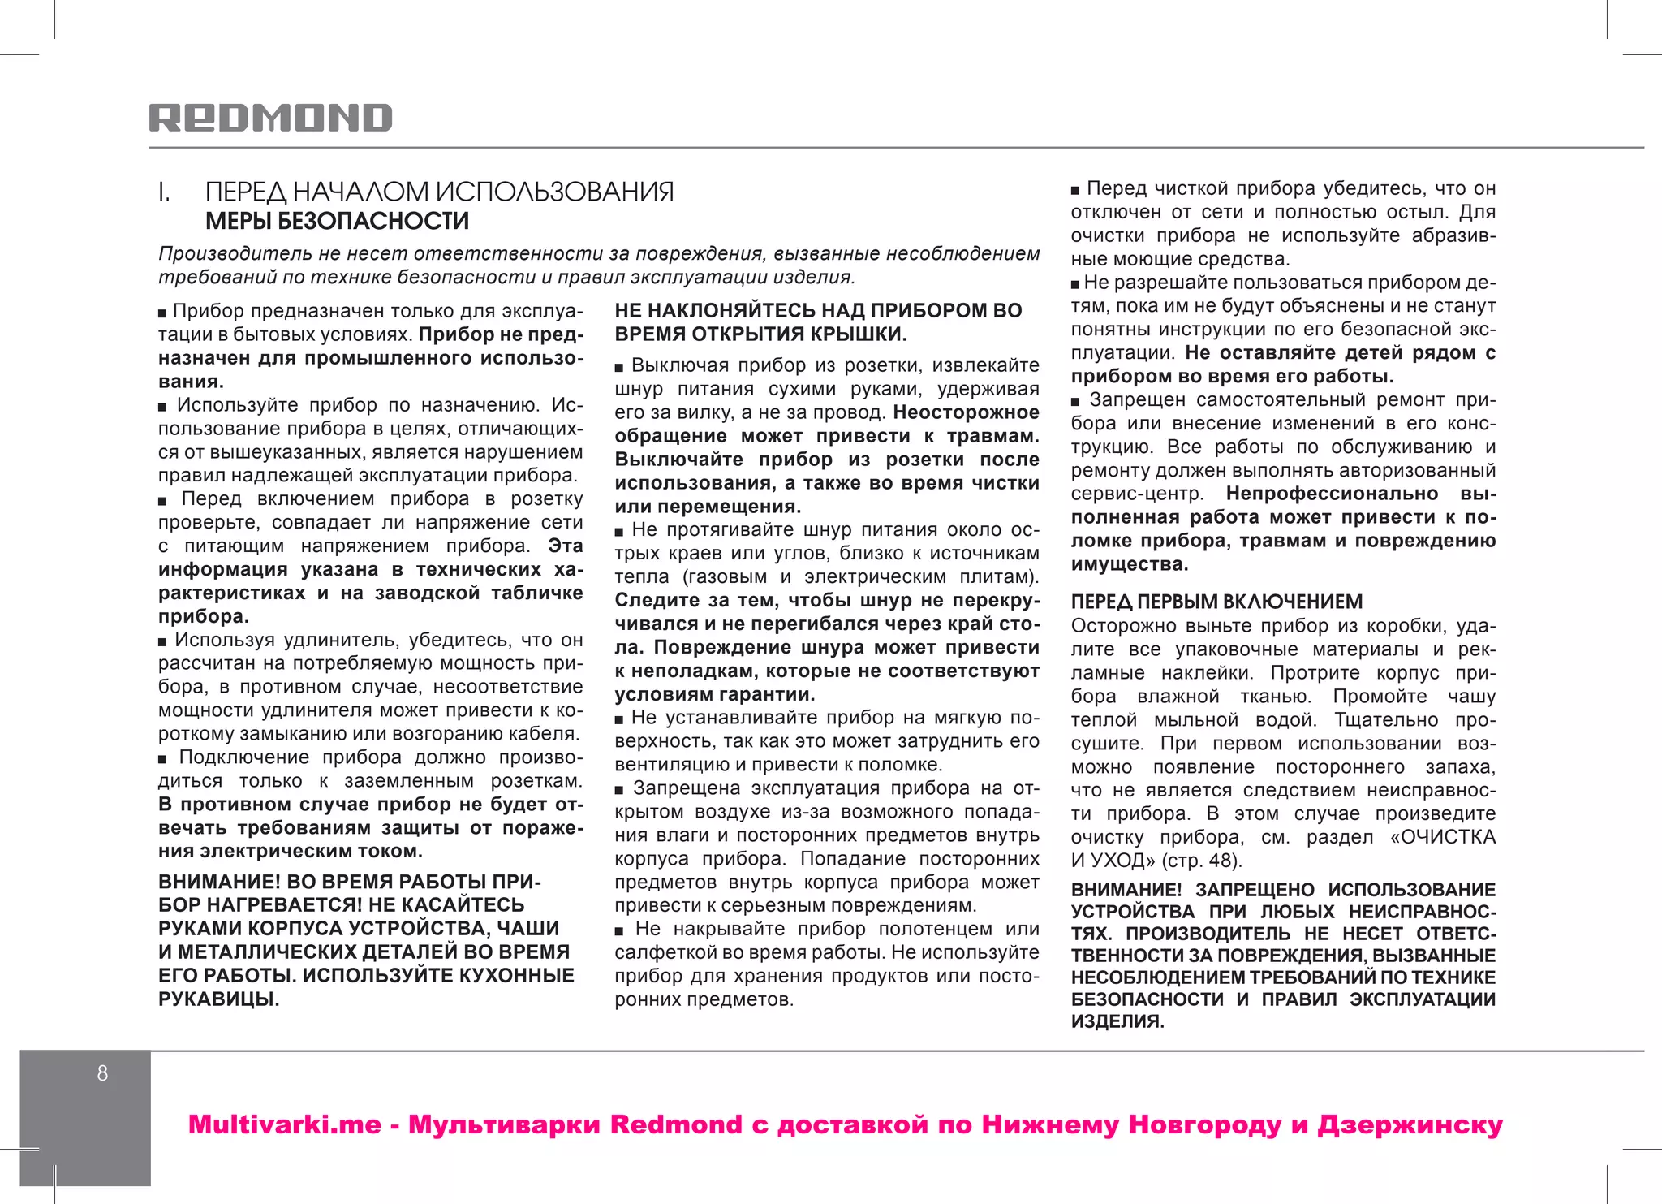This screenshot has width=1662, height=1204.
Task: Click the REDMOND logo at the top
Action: [x=270, y=119]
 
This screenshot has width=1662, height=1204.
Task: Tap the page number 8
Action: [x=102, y=1073]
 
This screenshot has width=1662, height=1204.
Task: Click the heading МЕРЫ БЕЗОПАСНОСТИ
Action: [x=337, y=221]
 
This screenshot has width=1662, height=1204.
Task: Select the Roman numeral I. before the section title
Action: [x=164, y=192]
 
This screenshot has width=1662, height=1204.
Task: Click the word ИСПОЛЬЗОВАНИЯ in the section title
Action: [x=555, y=192]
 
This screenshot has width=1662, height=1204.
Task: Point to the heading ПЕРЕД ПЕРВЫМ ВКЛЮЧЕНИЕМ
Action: [x=1216, y=602]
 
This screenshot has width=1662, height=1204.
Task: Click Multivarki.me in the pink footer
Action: [x=284, y=1125]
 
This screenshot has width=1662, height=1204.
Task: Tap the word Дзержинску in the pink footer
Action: [x=1410, y=1125]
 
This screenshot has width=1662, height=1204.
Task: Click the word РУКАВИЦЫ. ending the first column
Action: [x=219, y=999]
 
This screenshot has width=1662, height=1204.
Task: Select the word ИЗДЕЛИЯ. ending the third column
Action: [x=1117, y=1022]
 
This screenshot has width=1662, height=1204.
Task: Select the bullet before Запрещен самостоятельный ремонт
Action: [x=1075, y=402]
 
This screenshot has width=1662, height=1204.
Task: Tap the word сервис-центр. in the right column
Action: [x=1137, y=494]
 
